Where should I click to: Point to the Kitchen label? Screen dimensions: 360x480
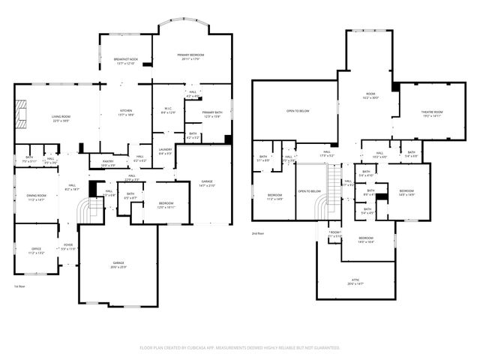126,113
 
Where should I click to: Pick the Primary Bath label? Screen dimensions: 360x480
211,115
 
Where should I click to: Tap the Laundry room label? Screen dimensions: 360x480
165,151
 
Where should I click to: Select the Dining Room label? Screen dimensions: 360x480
37,198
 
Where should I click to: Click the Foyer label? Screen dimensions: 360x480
67,247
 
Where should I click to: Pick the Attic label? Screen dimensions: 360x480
355,282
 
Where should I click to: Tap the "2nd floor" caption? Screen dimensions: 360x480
259,234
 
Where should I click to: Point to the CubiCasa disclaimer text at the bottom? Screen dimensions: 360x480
240,348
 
